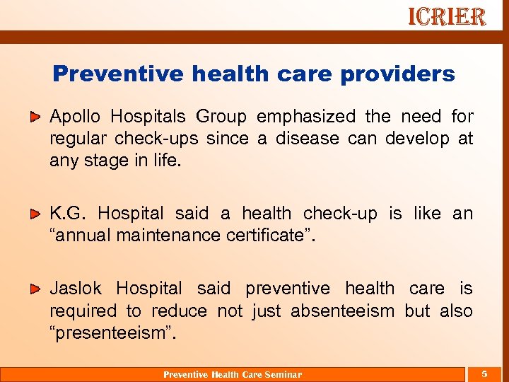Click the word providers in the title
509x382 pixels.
pos(401,74)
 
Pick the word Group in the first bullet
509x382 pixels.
pos(221,117)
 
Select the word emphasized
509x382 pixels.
pos(306,117)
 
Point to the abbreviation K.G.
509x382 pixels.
pos(68,214)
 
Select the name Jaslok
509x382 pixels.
pos(76,289)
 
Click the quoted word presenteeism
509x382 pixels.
pos(112,332)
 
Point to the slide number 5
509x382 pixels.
pos(484,374)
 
